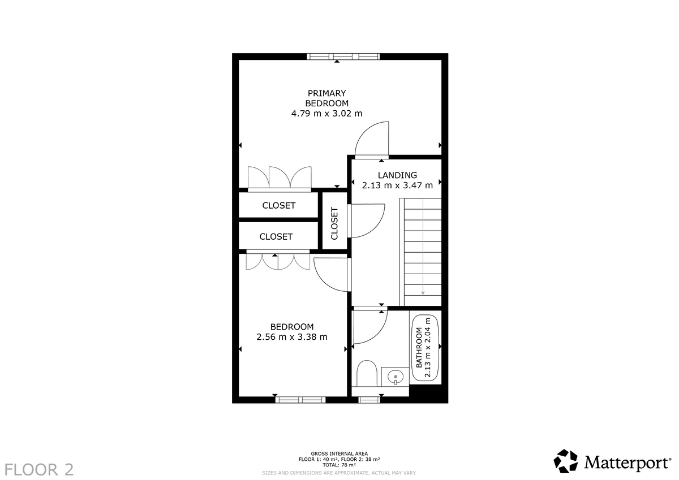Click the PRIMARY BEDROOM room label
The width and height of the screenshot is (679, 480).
coord(326,98)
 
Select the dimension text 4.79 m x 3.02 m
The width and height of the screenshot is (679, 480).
coord(326,113)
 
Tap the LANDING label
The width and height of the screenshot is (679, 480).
coord(397,175)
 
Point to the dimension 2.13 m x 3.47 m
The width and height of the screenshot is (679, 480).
coord(397,185)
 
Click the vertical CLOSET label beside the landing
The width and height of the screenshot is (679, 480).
coord(334,223)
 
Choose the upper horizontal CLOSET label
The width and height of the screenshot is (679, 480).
coord(278,206)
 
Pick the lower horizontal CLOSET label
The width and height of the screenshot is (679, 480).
coord(276,236)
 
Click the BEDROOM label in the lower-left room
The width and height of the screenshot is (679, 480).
coord(291,327)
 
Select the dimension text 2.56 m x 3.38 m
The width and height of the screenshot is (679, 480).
coord(291,337)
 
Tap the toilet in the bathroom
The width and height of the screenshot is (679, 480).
coord(367,373)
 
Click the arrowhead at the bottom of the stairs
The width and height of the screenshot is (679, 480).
coord(423,292)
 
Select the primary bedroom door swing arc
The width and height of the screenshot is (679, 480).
coord(371,138)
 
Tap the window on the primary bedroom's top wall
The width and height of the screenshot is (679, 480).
coord(343,57)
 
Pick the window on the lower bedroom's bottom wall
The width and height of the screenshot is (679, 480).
coord(300,399)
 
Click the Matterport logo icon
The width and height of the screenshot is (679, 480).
coord(565,461)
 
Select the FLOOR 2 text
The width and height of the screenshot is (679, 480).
coord(39,469)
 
